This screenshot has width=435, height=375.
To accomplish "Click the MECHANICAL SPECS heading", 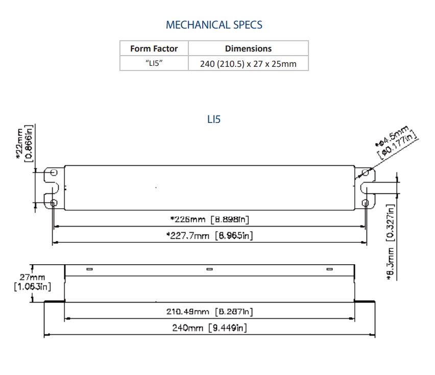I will click(x=214, y=24).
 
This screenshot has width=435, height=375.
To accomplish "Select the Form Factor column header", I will click(x=154, y=48).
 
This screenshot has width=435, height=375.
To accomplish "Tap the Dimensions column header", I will click(x=248, y=48).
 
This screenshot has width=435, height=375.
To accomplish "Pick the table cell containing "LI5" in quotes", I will click(x=154, y=64).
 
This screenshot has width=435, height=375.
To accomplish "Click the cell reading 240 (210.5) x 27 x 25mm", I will click(x=248, y=64).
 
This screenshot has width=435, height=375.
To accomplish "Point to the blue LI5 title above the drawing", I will click(x=214, y=119).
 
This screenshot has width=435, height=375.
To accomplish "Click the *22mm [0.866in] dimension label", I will click(x=25, y=143).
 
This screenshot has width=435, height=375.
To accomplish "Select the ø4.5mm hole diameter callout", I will click(x=397, y=141).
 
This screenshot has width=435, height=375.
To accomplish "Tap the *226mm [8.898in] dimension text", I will click(x=209, y=219).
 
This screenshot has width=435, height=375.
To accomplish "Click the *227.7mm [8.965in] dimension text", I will click(x=209, y=235).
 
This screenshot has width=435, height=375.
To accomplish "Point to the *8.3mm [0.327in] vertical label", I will click(x=391, y=242).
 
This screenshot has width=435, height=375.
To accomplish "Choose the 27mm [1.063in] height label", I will click(x=32, y=282).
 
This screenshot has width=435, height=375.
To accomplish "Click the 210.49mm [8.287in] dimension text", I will click(x=209, y=311).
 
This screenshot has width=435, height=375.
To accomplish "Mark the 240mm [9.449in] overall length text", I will click(x=209, y=328).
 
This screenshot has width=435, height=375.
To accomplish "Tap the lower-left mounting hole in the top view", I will click(x=54, y=203).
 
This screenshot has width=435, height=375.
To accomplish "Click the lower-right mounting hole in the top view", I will click(x=365, y=203).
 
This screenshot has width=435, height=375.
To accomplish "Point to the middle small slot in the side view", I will click(x=209, y=269).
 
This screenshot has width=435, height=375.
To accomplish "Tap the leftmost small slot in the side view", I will click(x=89, y=269).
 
